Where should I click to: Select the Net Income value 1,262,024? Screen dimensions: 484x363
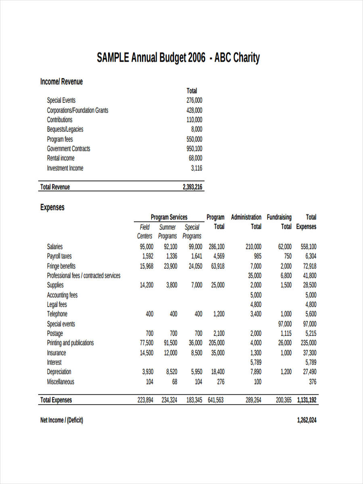pos(307,420)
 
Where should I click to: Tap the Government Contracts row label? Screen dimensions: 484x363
pos(69,149)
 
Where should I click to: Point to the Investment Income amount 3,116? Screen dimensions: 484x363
pos(196,168)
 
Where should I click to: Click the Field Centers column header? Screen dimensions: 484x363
pos(144,232)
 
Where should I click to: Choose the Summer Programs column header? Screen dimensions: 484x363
pos(167,232)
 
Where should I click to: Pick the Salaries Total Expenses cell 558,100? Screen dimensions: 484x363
pos(309,247)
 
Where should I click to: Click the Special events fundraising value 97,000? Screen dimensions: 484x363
pos(285,324)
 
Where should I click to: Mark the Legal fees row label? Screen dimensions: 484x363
pos(57,305)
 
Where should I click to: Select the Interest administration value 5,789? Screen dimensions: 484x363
pos(256,362)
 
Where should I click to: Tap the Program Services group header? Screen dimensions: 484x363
pos(169,217)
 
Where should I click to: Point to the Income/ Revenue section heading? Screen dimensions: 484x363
pos(61,82)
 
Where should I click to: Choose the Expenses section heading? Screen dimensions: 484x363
pos(52,207)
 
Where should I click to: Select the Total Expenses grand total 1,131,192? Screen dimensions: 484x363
pos(307,400)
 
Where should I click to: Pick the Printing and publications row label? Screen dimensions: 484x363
pos(70,343)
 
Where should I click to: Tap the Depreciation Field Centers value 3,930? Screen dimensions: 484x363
pos(147,372)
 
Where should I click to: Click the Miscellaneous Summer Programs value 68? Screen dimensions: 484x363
pos(174,382)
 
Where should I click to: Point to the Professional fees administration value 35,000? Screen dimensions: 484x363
pos(255,276)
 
